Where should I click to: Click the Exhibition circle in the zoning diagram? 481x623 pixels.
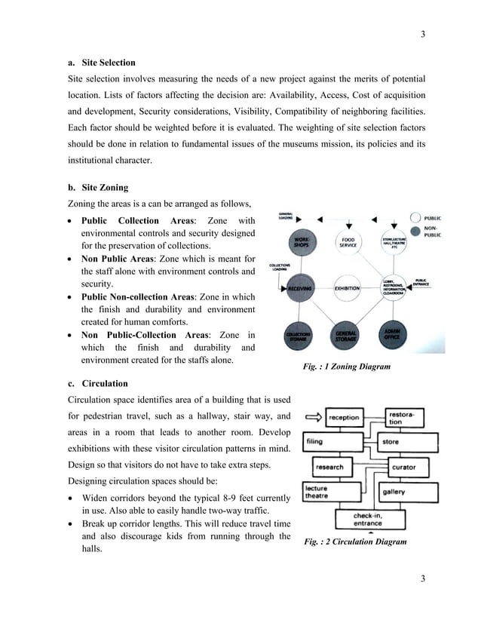[x=347, y=288]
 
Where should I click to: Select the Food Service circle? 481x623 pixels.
[x=348, y=241]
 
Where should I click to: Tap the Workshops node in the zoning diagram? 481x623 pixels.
[x=300, y=241]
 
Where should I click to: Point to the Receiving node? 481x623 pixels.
[x=300, y=288]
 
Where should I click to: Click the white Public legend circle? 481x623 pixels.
[x=415, y=219]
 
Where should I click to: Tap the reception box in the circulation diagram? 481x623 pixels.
[x=344, y=417]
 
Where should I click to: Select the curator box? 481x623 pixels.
[x=403, y=467]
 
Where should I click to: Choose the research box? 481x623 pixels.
[x=330, y=467]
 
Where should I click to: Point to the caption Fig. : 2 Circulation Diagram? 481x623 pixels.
[x=354, y=542]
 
